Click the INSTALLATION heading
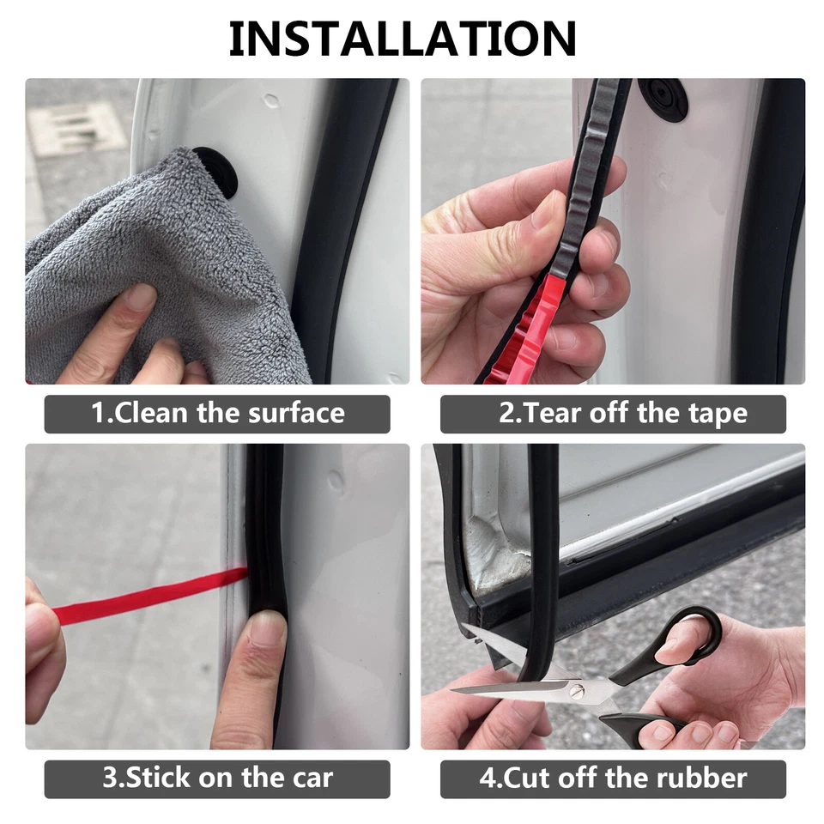403,39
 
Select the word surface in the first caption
296,414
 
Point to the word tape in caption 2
717,414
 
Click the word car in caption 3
308,779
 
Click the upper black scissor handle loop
691,634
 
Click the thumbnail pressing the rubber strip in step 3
269,632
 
